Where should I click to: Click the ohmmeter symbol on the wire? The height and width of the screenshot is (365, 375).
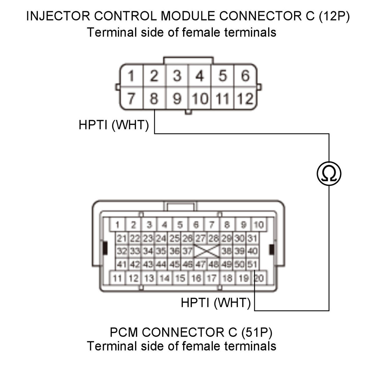(x=329, y=173)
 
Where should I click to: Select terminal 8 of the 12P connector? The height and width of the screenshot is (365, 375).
(x=154, y=98)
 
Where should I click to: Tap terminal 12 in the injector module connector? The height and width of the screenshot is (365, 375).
(x=245, y=98)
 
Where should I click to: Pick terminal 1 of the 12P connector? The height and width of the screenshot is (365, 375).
(x=131, y=76)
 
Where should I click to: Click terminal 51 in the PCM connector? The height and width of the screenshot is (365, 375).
(x=252, y=264)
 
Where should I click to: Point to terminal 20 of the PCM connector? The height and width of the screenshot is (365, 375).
(x=259, y=278)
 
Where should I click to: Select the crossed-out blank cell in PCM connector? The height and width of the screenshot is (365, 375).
(x=207, y=251)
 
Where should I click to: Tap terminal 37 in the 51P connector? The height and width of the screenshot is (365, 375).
(x=187, y=251)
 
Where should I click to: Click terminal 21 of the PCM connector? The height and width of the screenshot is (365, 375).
(x=122, y=238)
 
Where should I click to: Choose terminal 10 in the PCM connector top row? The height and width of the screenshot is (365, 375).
(x=259, y=225)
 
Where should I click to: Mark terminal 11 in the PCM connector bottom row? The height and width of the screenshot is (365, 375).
(x=117, y=278)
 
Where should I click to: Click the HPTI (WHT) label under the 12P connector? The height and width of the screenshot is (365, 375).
(x=114, y=125)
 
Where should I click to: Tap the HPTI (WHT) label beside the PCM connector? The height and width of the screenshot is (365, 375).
(x=216, y=302)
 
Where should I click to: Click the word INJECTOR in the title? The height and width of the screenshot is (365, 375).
(x=58, y=16)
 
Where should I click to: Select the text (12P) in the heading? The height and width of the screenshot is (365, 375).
(x=334, y=16)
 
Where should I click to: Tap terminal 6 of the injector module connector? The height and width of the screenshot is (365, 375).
(x=245, y=76)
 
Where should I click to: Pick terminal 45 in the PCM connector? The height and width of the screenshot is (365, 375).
(x=174, y=264)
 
